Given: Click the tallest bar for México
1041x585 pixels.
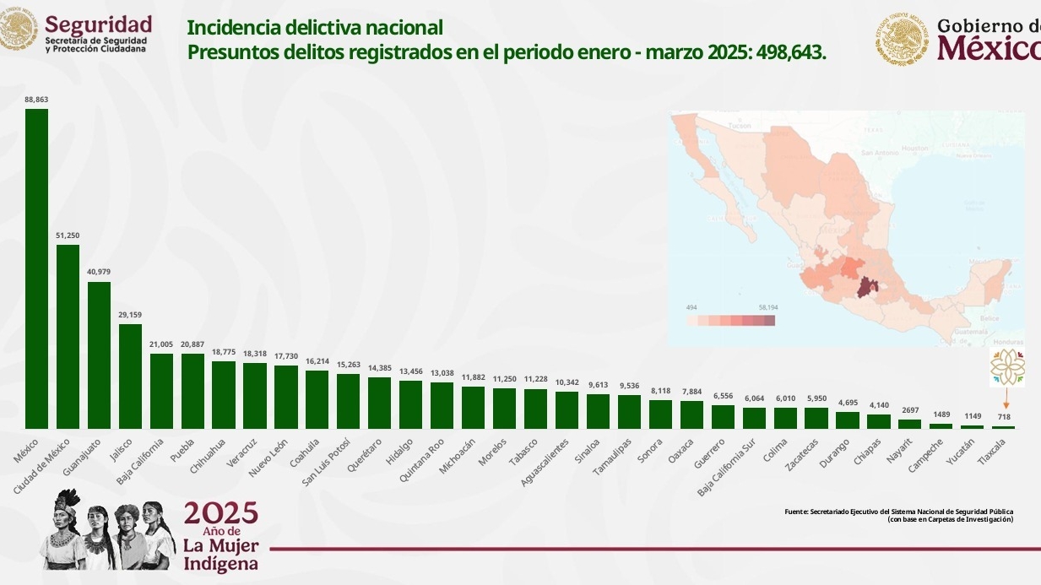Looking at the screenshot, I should tap(36, 268).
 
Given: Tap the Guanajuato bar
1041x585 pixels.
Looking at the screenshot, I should tap(99, 355).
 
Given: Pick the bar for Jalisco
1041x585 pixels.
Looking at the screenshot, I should tap(130, 376).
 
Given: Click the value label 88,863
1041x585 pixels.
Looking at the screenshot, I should tap(36, 100).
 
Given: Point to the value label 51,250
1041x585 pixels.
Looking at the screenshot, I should tap(68, 236).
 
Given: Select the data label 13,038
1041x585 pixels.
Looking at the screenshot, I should tap(442, 373).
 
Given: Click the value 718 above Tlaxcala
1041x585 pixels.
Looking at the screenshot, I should tap(1004, 417).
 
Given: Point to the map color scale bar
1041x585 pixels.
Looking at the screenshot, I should tap(730, 321).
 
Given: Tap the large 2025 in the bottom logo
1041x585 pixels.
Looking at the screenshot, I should tap(220, 513).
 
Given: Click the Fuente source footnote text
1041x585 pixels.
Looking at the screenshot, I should tap(898, 515).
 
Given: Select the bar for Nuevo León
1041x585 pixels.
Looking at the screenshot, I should tap(286, 397).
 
